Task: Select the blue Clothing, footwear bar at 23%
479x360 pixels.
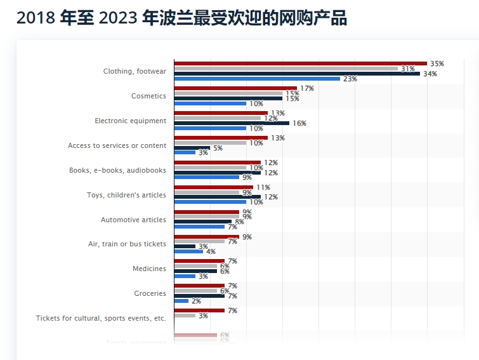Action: tap(257, 79)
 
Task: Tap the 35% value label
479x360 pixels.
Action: tap(436, 63)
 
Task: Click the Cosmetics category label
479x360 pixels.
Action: tap(148, 96)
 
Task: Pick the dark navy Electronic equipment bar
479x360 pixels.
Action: tap(232, 123)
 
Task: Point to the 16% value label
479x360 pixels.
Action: tap(299, 123)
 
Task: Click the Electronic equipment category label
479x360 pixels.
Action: tap(130, 121)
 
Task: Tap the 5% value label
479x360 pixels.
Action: tap(218, 148)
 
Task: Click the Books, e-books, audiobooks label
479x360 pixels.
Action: tap(117, 170)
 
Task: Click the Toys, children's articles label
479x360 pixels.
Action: tap(126, 195)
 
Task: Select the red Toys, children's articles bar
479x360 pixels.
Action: tap(213, 187)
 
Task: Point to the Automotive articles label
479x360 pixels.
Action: tap(133, 220)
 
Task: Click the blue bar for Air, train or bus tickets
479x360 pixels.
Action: tap(188, 251)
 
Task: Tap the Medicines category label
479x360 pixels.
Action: tap(149, 269)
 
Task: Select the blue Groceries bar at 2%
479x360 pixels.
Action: tap(181, 301)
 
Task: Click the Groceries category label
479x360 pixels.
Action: tap(150, 293)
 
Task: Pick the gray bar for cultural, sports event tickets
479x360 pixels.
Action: tap(185, 316)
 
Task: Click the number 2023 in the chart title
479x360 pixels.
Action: tap(119, 18)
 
